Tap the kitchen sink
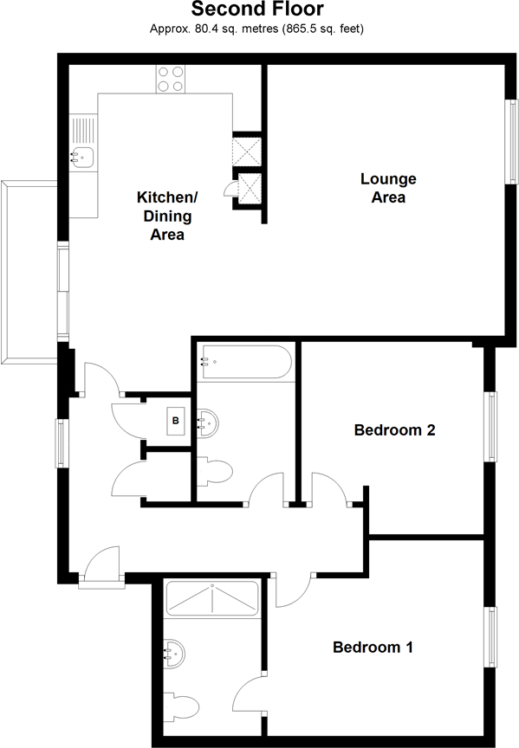click(x=82, y=157)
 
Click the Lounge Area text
click(x=388, y=188)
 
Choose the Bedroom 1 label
click(x=373, y=647)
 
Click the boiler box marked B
click(x=176, y=422)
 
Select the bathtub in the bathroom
click(x=246, y=363)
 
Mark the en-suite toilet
click(x=184, y=706)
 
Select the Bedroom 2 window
click(x=491, y=428)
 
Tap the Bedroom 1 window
click(x=491, y=637)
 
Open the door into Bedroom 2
click(x=330, y=490)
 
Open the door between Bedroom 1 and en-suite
click(x=251, y=692)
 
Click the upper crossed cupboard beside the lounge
click(x=248, y=151)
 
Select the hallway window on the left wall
click(x=62, y=442)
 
